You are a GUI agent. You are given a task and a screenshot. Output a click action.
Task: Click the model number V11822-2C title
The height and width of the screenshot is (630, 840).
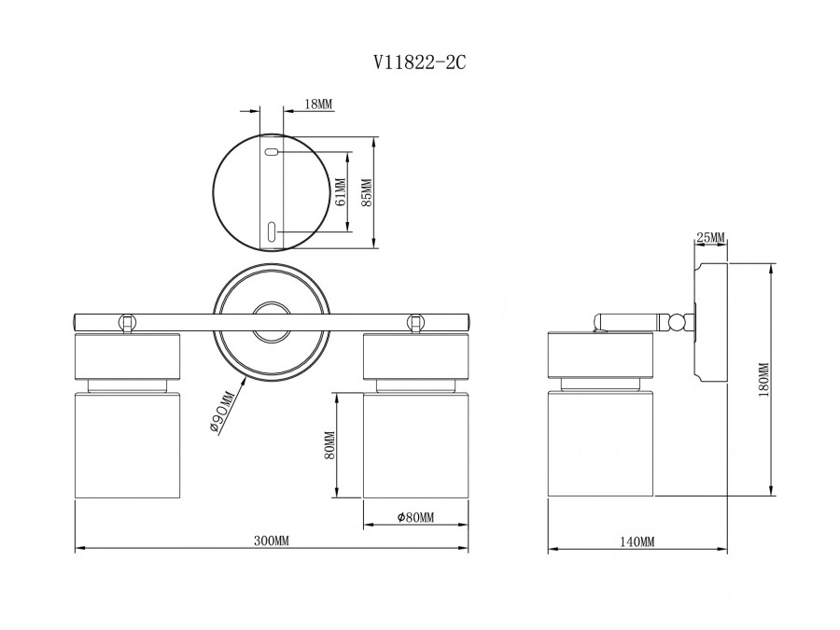[x=419, y=63]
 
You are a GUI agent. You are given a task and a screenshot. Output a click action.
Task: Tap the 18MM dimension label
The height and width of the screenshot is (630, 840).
[x=319, y=104]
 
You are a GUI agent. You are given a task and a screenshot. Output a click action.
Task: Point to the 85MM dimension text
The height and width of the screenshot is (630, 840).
[x=367, y=193]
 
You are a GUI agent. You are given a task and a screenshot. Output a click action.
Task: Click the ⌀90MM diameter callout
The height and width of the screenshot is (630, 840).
[x=221, y=412]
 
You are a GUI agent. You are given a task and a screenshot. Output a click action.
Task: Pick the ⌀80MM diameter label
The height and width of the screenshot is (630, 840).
[x=415, y=517]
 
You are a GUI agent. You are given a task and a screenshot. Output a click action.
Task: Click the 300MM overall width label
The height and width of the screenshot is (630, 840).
[x=271, y=540]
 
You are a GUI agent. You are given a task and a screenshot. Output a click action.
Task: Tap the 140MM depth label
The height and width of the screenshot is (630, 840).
[x=637, y=541]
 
